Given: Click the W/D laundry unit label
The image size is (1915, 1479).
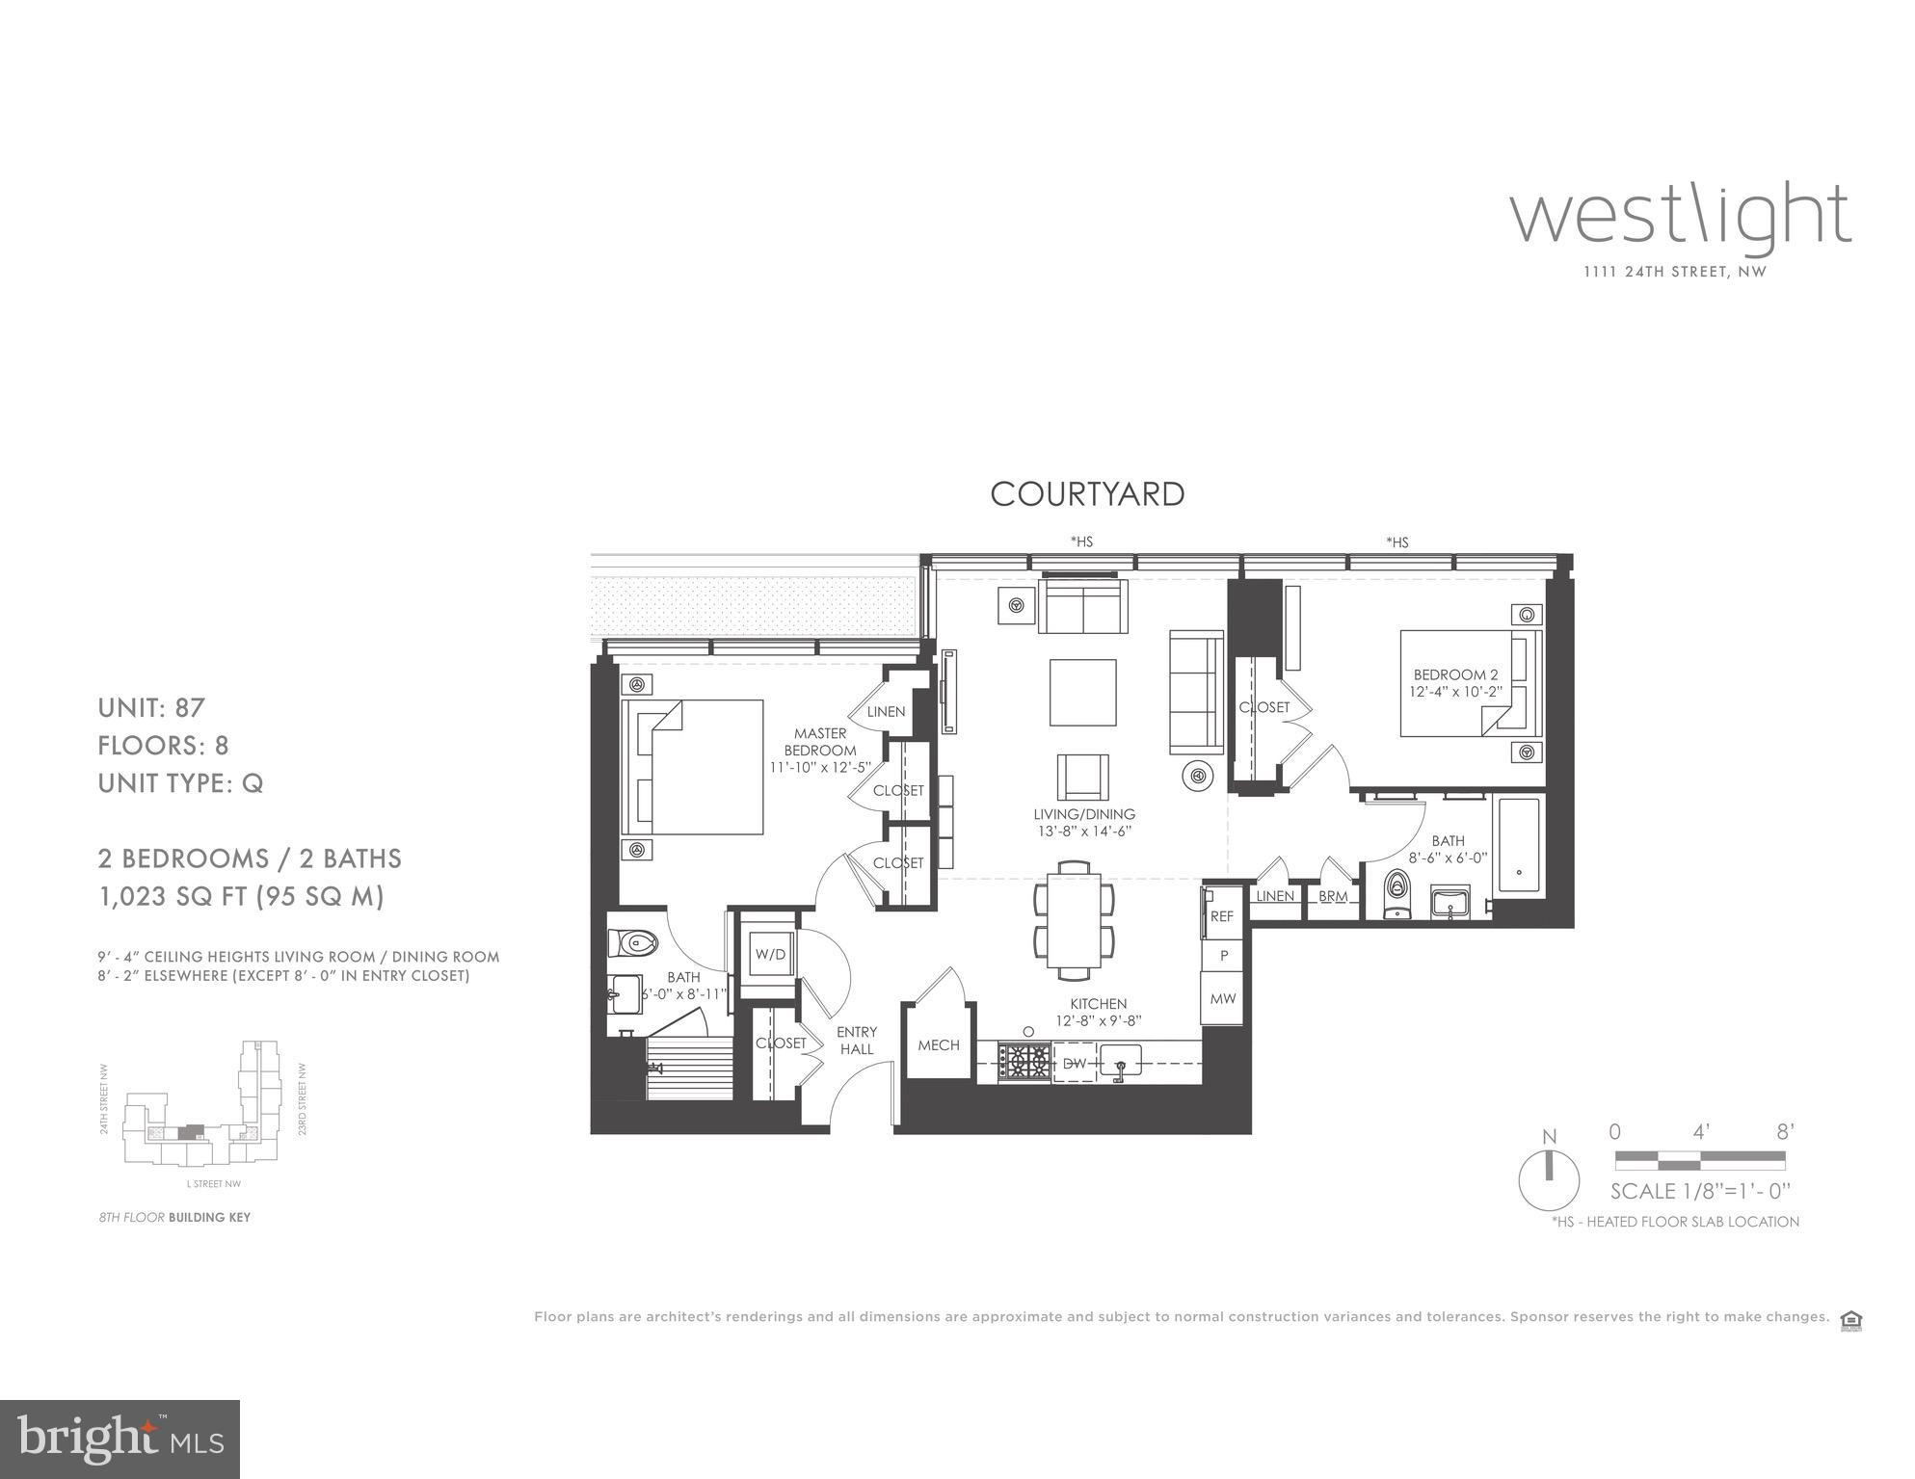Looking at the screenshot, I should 769,954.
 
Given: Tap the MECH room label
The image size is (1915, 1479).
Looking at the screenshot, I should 938,1044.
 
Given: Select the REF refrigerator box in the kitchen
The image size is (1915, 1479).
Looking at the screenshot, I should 1222,915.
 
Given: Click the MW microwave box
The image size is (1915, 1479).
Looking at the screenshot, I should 1222,998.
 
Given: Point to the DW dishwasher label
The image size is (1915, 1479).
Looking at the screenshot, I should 1074,1064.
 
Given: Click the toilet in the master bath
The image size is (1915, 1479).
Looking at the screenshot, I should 632,942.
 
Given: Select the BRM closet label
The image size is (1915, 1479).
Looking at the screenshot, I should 1333,896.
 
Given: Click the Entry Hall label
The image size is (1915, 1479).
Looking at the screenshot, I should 856,1040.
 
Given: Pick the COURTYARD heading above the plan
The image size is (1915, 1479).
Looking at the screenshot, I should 1087,494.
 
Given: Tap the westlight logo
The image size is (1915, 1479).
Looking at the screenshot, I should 1679,217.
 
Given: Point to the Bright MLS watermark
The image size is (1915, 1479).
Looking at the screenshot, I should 120,1439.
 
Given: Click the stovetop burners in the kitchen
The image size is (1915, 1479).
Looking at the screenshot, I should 1024,1063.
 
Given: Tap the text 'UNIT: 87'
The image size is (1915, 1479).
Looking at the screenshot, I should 151,708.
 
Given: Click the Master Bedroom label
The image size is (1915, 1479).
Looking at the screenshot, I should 819,742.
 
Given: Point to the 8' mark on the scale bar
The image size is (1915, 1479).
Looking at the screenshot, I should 1784,1131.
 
